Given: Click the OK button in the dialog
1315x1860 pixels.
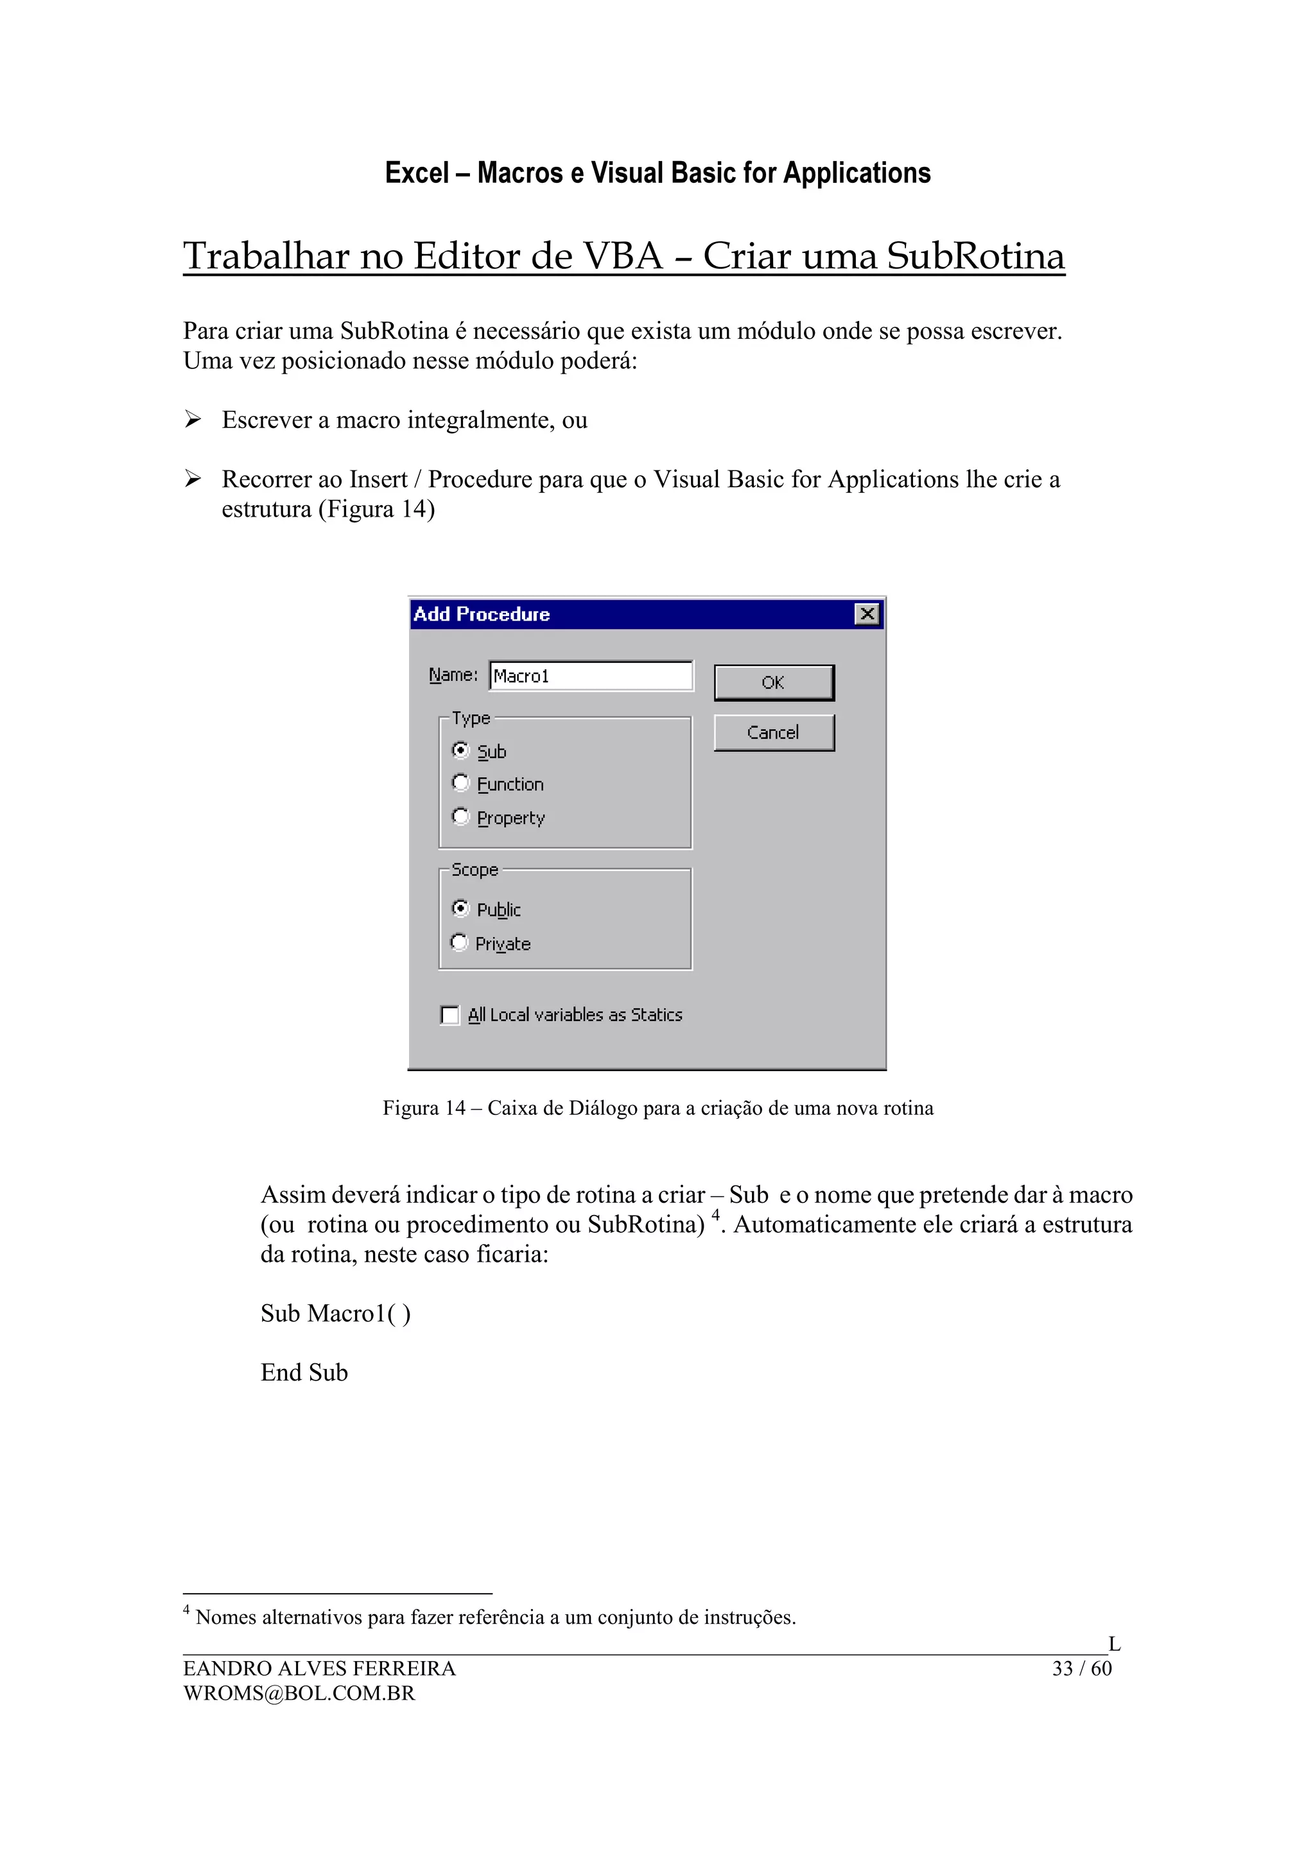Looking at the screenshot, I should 773,682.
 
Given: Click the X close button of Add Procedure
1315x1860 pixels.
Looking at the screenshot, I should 867,614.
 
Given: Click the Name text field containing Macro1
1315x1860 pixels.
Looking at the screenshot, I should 591,676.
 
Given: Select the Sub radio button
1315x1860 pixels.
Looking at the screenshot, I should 460,750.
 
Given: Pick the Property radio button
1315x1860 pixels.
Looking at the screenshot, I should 460,816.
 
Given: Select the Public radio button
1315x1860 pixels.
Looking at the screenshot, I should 460,908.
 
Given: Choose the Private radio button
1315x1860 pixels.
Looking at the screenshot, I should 459,942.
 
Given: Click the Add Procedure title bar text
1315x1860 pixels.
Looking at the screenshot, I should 482,614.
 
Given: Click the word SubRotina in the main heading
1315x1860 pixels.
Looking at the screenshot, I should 975,256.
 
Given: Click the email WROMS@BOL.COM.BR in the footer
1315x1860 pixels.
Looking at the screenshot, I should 299,1693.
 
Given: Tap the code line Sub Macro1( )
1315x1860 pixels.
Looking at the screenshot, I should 335,1313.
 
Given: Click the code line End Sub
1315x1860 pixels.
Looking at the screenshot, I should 304,1372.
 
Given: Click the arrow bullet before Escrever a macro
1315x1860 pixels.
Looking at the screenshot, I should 192,419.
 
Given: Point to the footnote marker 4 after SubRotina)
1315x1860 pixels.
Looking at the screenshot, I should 715,1214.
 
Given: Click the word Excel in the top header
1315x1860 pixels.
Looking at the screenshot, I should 417,173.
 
